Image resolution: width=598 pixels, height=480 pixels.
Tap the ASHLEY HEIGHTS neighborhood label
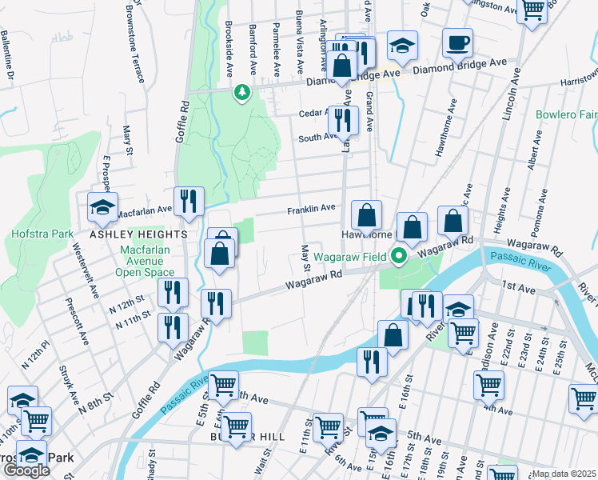[x=138, y=234]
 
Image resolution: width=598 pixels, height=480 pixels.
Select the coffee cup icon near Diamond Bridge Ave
[x=457, y=42]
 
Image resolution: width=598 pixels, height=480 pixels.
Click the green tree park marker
[x=241, y=94]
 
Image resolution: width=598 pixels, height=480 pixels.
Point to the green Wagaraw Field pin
[x=400, y=257]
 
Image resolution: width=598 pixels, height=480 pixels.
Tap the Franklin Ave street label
[x=311, y=209]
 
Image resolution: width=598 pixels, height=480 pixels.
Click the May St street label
[x=305, y=258]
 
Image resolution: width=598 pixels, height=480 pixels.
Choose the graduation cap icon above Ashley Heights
[x=102, y=206]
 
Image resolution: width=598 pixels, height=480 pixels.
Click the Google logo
[x=26, y=470]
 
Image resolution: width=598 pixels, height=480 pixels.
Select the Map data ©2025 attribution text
[x=564, y=474]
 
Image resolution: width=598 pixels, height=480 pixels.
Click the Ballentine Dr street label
[x=9, y=54]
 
